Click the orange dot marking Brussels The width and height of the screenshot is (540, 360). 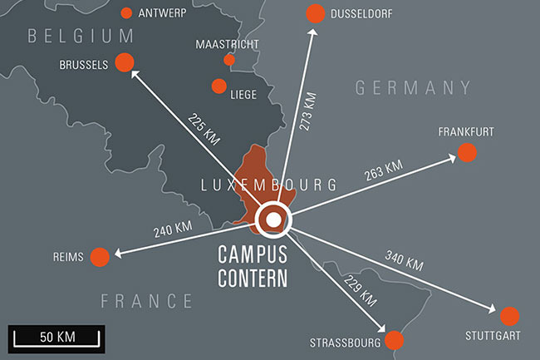125,62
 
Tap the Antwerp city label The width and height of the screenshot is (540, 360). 162,13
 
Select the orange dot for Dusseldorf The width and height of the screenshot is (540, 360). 315,13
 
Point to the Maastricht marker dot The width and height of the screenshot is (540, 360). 229,60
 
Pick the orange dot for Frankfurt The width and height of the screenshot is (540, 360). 467,153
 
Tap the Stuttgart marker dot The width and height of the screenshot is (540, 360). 509,316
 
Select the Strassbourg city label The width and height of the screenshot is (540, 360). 345,342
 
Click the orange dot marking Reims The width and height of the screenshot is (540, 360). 100,257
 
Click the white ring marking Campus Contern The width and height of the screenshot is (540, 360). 272,220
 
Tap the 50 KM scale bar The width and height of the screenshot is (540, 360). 56,338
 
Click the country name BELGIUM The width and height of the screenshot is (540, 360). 80,36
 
